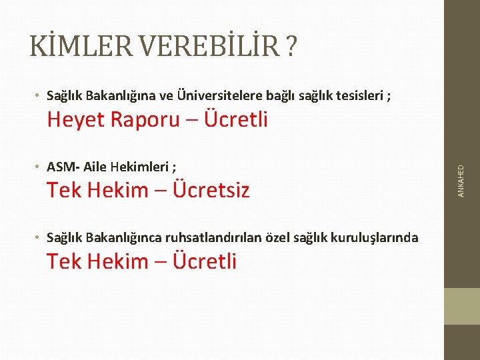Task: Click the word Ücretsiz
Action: [211, 190]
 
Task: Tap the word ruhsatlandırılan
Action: [221, 237]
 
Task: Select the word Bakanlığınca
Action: [135, 237]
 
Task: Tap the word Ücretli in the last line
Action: [205, 261]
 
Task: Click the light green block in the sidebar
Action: [462, 306]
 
